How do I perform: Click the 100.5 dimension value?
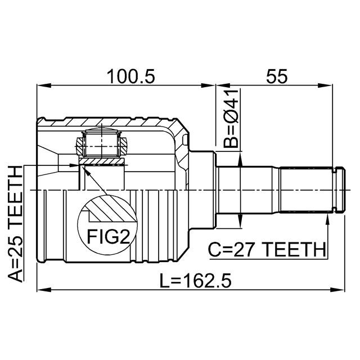[x=131, y=76]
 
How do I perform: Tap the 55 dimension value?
[x=277, y=76]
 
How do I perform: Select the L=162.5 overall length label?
[x=196, y=281]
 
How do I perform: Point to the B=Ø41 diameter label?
[x=231, y=118]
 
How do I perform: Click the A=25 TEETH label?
[x=16, y=224]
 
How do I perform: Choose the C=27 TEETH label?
[x=267, y=249]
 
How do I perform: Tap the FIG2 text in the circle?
[x=109, y=237]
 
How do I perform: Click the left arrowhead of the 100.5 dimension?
[x=44, y=85]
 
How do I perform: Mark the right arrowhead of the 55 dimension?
[x=326, y=85]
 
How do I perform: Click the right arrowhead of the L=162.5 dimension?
[x=337, y=290]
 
